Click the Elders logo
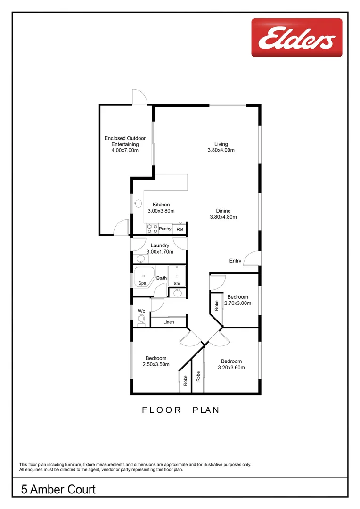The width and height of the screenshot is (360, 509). point(296,37)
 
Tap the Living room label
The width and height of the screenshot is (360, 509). point(221,144)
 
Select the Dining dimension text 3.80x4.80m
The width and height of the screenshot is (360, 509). point(223,217)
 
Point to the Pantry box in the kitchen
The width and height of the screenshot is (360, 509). point(165,229)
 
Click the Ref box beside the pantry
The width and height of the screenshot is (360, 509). point(180,230)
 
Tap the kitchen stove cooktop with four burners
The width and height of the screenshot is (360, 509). point(152,229)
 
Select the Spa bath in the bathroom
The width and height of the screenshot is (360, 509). point(143,277)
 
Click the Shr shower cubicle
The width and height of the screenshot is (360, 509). point(177,277)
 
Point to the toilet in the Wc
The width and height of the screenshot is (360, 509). point(141,320)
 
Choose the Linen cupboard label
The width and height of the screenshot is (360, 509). point(169,322)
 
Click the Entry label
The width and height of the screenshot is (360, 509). point(235,261)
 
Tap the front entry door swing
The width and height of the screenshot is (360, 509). point(254,258)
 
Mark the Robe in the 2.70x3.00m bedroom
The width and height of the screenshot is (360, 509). point(216,305)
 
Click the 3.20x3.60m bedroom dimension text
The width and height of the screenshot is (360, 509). point(231,368)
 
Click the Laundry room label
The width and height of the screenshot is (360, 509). point(160,246)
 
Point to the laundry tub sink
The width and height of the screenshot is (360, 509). point(140,259)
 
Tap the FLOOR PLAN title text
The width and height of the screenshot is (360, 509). point(180,410)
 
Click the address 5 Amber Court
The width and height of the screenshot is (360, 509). point(58,490)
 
